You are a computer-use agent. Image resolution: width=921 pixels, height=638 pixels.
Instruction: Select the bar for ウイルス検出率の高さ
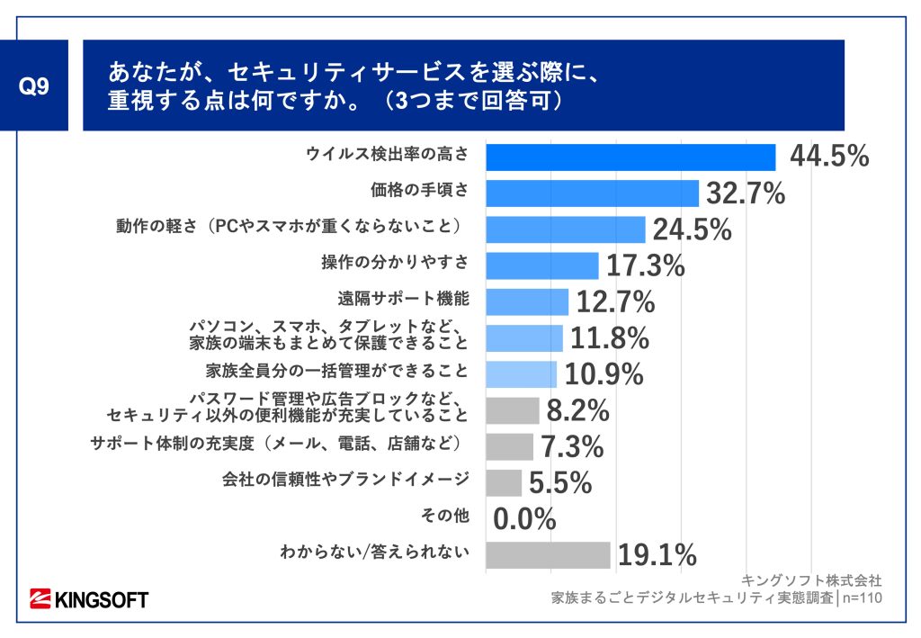[630, 157]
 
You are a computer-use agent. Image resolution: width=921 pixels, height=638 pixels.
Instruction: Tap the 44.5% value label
[828, 157]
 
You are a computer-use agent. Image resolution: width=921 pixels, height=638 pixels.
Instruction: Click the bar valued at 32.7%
[592, 193]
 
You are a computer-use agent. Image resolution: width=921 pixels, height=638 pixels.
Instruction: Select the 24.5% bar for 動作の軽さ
[565, 229]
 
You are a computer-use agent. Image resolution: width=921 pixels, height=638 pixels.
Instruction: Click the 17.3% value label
[644, 265]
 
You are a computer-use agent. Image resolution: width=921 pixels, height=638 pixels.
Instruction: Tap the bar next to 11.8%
[523, 338]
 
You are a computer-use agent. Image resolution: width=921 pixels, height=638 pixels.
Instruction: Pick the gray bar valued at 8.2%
[512, 410]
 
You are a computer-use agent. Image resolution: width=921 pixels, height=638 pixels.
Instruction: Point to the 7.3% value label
[571, 446]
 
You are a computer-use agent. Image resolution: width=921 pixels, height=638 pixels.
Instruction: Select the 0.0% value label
[524, 519]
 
